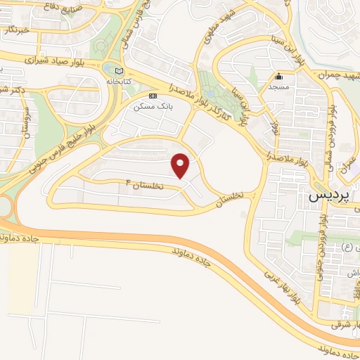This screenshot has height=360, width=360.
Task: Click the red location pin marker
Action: [x=181, y=165]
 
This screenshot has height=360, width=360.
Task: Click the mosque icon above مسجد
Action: [x=279, y=77]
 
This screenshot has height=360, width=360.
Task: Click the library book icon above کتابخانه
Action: [x=118, y=70]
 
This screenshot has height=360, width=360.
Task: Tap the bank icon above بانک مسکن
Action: [x=152, y=95]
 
